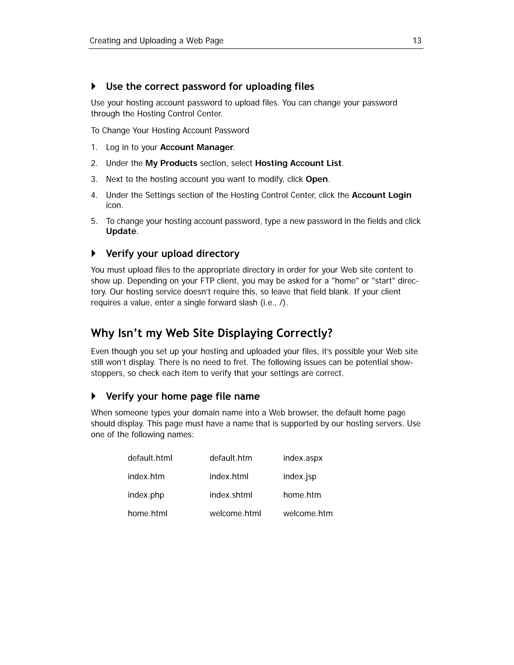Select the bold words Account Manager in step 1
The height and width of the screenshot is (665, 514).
(x=197, y=147)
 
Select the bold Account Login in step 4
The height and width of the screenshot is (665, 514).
(x=381, y=195)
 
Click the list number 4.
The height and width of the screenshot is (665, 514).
(x=94, y=195)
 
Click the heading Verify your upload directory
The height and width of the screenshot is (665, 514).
(x=173, y=254)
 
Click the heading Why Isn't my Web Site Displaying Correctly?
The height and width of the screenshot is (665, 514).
(x=212, y=333)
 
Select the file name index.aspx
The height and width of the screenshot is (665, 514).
(x=303, y=458)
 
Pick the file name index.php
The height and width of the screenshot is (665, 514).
(x=146, y=495)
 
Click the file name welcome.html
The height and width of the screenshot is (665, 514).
(x=235, y=514)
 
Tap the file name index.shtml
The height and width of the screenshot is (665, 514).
(x=230, y=495)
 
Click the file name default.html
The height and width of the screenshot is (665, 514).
(x=150, y=458)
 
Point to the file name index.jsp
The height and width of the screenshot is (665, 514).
(x=300, y=477)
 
